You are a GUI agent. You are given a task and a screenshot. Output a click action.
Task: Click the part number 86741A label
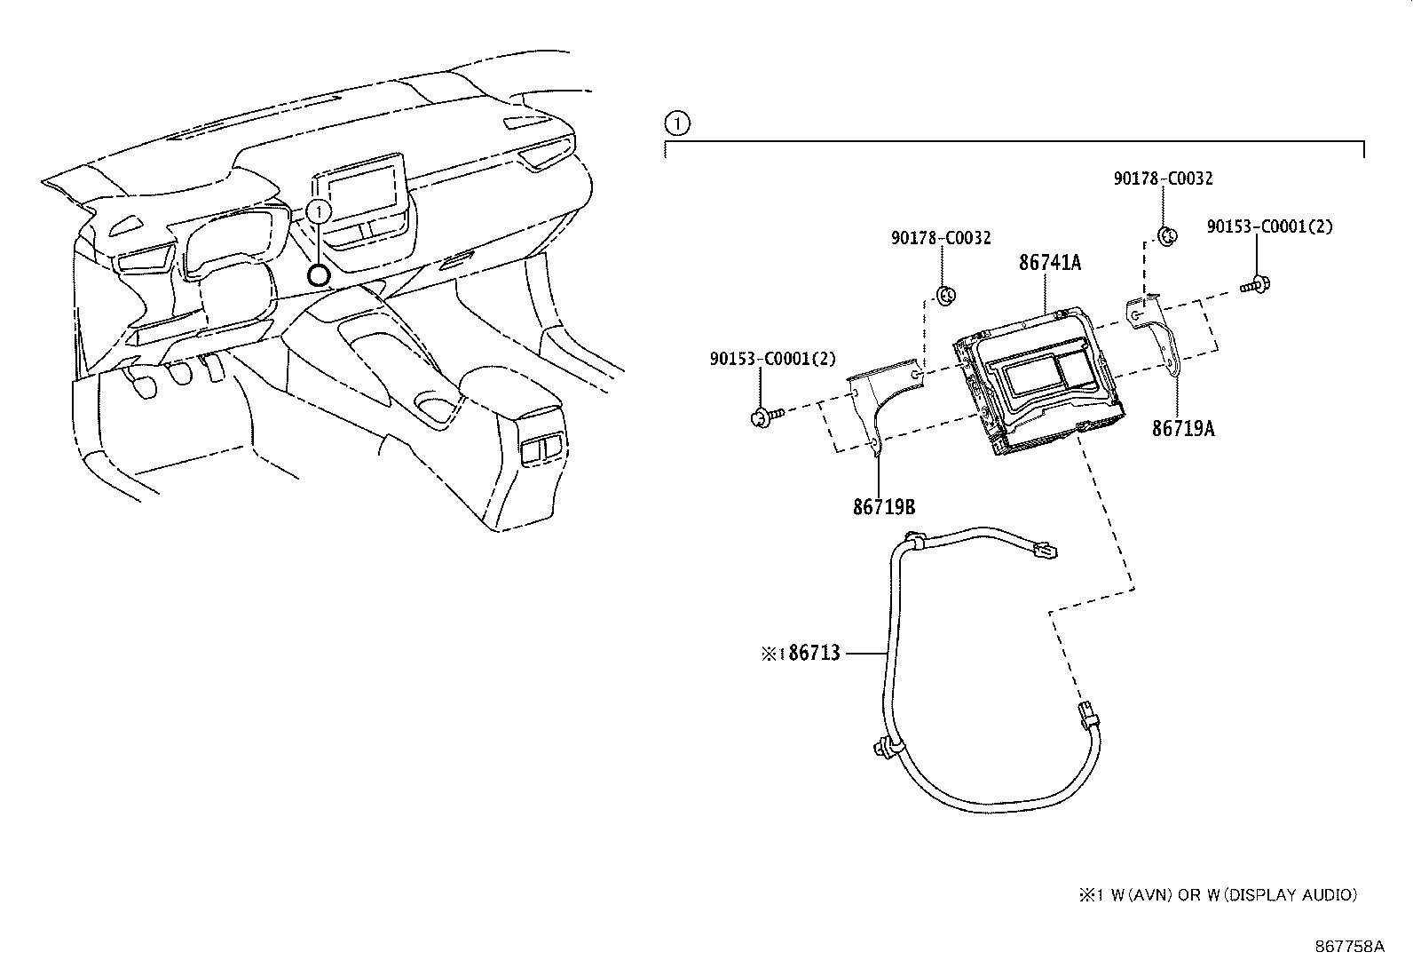click(x=1050, y=263)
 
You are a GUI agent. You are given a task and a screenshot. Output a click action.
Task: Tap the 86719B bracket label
click(x=884, y=507)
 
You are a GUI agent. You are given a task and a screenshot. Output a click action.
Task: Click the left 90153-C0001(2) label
click(x=772, y=359)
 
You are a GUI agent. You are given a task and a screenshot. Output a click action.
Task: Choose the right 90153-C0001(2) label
click(x=1269, y=226)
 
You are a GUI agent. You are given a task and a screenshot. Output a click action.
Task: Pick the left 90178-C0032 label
click(x=941, y=238)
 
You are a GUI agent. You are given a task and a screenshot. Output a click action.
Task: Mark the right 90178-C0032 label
click(x=1163, y=179)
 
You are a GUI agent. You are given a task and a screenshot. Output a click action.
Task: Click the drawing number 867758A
click(x=1349, y=947)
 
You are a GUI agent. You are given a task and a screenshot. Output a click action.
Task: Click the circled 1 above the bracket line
click(x=676, y=123)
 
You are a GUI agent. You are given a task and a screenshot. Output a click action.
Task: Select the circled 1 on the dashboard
click(x=318, y=210)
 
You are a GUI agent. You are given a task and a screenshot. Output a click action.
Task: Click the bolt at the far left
click(x=764, y=415)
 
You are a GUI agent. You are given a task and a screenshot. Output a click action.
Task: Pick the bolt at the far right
click(x=1255, y=285)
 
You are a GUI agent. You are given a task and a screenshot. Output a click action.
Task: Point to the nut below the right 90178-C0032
click(x=1168, y=235)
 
